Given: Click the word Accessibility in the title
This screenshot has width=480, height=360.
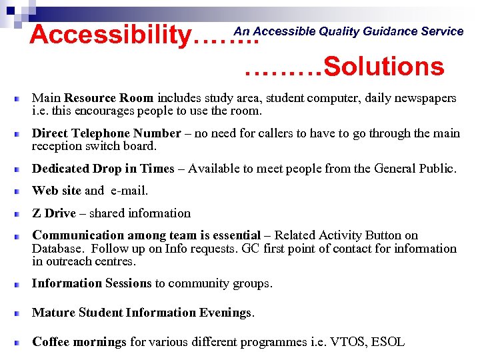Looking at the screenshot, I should [x=110, y=35].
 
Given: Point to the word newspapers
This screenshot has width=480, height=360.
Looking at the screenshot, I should [x=424, y=98].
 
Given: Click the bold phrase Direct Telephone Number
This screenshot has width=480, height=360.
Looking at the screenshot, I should [x=107, y=133].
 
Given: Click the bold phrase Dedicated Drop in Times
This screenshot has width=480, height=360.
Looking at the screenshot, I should [x=103, y=169].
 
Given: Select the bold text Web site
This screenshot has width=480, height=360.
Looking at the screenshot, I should [x=57, y=191].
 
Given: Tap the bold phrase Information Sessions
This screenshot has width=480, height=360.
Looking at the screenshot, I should [x=92, y=283].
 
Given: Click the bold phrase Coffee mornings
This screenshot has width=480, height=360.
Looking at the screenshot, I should [x=79, y=342].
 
